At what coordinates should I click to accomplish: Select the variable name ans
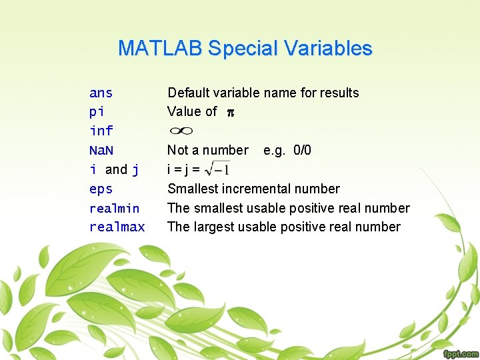coord(101,93)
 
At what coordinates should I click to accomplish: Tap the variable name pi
coord(97,111)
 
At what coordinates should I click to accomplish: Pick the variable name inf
coord(101,131)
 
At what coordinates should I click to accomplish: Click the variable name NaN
coord(101,150)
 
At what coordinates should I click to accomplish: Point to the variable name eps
coord(101,189)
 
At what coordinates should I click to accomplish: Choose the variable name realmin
coord(114,208)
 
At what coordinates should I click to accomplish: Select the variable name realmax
coord(117,227)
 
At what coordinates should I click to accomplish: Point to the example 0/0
coord(301,150)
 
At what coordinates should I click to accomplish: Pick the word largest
coord(215,227)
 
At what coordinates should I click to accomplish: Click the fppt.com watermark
coord(459,353)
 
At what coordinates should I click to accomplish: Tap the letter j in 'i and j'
coord(135,169)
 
